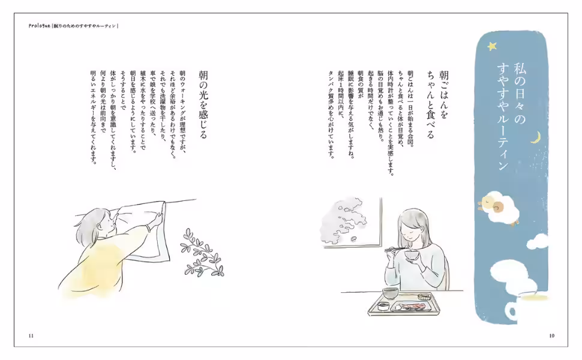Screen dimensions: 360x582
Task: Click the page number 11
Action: coord(31,335)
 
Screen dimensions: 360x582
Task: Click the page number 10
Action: coord(551,335)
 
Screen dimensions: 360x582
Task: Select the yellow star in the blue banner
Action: coord(492,46)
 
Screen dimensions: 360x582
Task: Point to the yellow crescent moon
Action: coord(535,139)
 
